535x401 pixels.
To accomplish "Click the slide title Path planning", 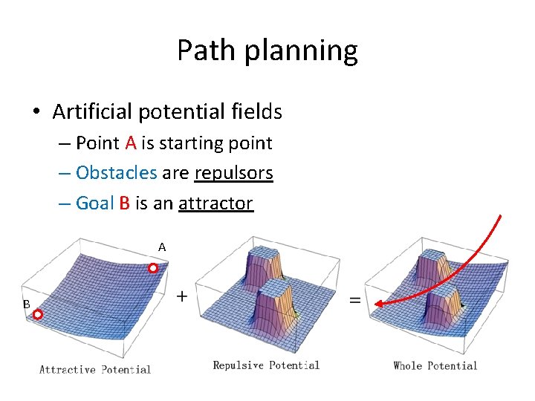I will [267, 50].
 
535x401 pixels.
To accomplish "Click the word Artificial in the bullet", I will [88, 112].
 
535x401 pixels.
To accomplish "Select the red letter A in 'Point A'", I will [130, 143].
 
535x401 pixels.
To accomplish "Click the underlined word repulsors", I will [233, 173].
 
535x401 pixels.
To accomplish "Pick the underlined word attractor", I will [215, 203].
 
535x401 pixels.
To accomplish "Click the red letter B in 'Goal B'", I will [124, 203].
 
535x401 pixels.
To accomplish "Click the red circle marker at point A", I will [153, 269].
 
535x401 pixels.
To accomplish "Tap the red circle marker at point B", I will [38, 315].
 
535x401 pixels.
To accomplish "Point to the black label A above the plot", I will [161, 247].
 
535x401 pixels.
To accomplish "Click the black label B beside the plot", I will [26, 304].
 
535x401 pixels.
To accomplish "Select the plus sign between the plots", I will [181, 296].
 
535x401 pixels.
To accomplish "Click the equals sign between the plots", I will [355, 299].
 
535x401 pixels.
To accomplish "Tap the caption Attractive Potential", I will [95, 369].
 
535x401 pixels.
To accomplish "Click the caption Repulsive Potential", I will [266, 365].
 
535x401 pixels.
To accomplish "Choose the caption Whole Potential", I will [435, 365].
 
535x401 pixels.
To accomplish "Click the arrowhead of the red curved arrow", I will [379, 303].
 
